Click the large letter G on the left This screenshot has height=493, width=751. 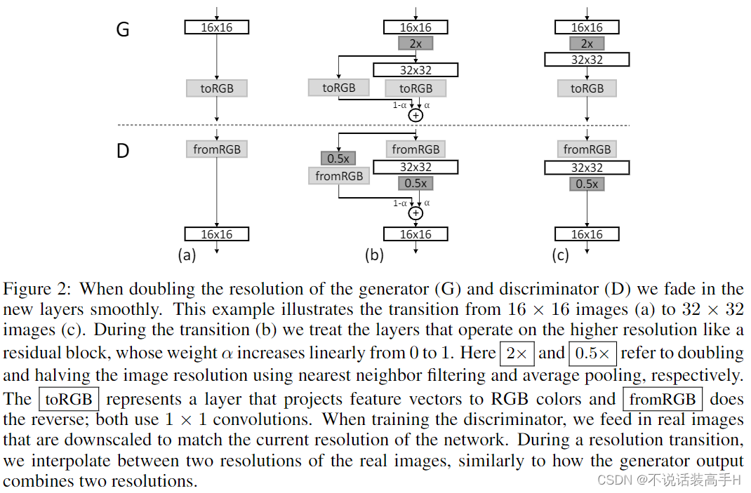click(x=122, y=30)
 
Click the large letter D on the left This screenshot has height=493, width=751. click(x=123, y=151)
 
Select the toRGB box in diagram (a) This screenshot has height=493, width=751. click(x=217, y=88)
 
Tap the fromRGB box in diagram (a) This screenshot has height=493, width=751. click(x=217, y=149)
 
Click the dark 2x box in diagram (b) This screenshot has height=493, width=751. click(x=416, y=43)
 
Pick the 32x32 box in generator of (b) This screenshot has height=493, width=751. click(x=416, y=69)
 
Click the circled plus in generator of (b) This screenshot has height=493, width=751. click(x=416, y=114)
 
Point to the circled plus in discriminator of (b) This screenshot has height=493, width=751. click(x=416, y=212)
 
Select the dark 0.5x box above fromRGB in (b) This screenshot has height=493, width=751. click(x=338, y=158)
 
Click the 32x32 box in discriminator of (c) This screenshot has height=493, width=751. click(x=587, y=168)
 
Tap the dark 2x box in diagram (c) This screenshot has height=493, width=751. click(x=587, y=43)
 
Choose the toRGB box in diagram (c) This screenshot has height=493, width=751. click(x=587, y=88)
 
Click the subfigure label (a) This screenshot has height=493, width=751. click(x=187, y=255)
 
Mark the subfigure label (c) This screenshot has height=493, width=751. click(x=560, y=255)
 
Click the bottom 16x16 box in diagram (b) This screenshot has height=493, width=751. click(x=416, y=234)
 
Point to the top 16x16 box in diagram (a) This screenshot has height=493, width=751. click(x=217, y=27)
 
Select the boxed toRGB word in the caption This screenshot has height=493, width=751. click(x=69, y=400)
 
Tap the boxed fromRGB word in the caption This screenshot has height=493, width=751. click(x=663, y=400)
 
